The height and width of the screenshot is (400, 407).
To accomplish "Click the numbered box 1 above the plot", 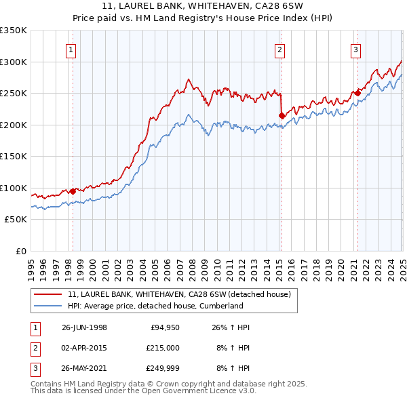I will click(71, 49).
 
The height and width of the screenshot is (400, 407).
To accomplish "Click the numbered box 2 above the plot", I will click(279, 49).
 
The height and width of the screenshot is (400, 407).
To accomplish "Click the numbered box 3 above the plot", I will click(355, 49).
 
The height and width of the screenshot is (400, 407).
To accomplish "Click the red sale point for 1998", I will click(73, 191).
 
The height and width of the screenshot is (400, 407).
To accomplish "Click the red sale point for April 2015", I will click(281, 116).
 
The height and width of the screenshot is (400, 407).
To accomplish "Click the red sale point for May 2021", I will click(357, 94).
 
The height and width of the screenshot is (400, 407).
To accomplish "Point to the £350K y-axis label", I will click(14, 31).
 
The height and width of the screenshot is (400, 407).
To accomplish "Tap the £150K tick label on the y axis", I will click(14, 157).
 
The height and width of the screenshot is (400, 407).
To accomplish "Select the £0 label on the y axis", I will click(20, 251).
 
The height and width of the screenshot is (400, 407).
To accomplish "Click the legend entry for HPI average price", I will click(155, 306).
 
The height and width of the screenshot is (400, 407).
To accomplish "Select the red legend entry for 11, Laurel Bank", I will click(179, 294).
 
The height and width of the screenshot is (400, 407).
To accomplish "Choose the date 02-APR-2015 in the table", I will click(84, 348).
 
